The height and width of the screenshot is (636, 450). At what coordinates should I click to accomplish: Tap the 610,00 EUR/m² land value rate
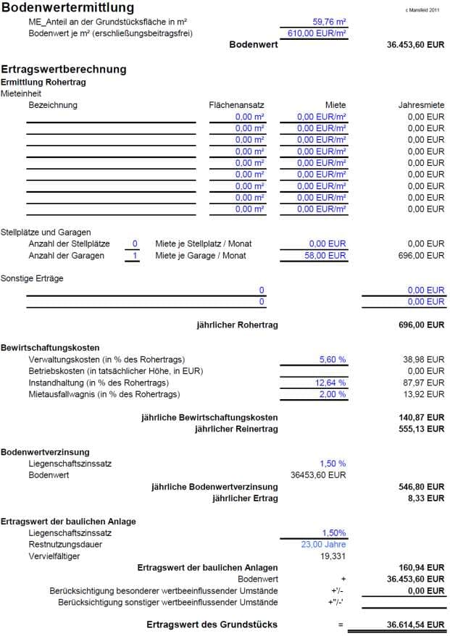[317, 33]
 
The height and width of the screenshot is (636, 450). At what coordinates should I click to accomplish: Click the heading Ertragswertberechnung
[64, 70]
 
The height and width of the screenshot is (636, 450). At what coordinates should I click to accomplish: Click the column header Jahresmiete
[421, 105]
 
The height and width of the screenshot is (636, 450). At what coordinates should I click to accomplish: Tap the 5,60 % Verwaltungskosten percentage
[333, 359]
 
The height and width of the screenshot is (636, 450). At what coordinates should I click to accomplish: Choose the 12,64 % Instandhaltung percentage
[330, 382]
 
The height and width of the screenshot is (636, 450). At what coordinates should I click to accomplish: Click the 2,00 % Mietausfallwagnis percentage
[333, 394]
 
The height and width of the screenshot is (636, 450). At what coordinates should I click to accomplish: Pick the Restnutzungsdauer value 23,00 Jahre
[323, 545]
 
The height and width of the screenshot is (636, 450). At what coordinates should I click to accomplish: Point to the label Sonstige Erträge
[31, 279]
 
